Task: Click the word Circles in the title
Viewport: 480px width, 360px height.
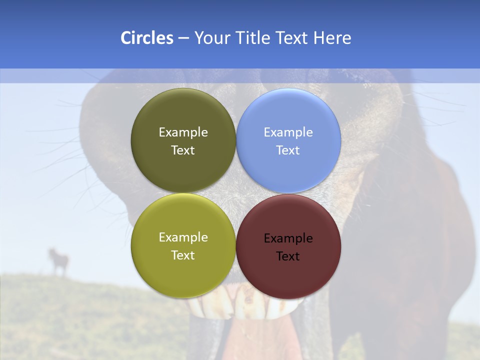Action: click(x=146, y=38)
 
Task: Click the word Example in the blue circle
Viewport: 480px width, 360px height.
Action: click(x=288, y=132)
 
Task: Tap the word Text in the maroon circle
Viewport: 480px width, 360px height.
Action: click(x=288, y=256)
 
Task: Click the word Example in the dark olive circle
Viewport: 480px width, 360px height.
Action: click(x=183, y=132)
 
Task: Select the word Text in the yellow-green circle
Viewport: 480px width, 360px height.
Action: click(x=183, y=255)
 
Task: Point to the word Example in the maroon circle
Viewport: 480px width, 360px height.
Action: click(x=288, y=238)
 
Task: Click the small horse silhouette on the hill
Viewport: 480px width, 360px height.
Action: click(x=58, y=260)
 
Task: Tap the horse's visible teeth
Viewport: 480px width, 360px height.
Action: click(x=245, y=305)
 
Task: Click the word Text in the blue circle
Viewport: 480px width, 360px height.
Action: click(x=288, y=150)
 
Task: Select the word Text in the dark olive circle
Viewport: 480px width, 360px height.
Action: click(x=183, y=150)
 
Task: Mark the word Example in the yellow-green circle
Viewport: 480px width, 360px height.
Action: click(x=183, y=237)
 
